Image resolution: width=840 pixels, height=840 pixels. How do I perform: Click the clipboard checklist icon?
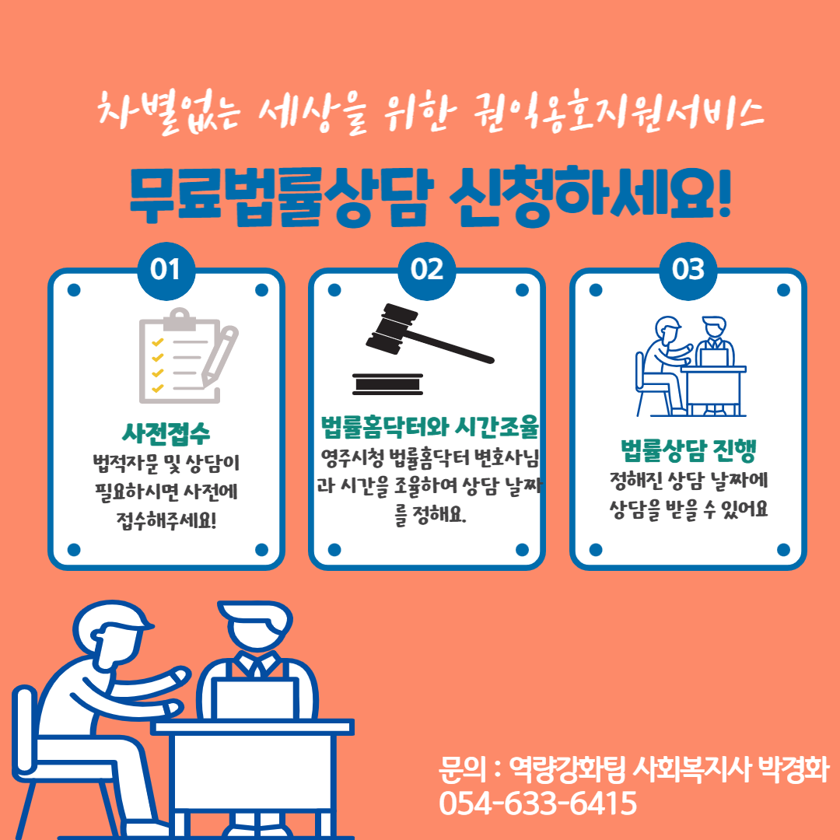[x=187, y=355]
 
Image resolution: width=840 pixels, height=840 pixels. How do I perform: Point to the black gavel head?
[x=391, y=328]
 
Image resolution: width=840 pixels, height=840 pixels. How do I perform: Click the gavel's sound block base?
[x=388, y=384]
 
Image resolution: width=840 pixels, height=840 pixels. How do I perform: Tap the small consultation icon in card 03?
[x=691, y=366]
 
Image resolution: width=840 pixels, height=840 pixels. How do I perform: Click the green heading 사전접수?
[x=166, y=433]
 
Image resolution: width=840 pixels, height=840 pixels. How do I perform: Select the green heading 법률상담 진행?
[x=688, y=450]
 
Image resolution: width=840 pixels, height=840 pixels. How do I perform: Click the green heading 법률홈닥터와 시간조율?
[x=429, y=426]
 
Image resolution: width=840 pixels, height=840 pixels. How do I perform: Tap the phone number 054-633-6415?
[x=538, y=803]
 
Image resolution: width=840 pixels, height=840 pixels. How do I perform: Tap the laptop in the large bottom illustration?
[x=255, y=698]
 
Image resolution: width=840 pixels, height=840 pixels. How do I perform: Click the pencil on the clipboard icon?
[x=219, y=355]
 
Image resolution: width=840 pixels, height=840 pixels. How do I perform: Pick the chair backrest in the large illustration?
[x=24, y=730]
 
